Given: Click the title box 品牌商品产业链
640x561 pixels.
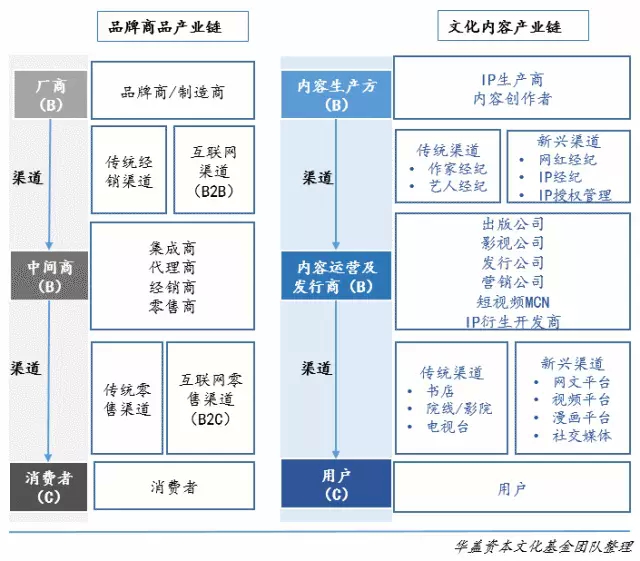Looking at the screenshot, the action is pos(173,27).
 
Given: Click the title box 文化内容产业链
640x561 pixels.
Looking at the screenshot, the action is pos(513,26).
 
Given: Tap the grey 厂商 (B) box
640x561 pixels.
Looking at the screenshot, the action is pos(51,95).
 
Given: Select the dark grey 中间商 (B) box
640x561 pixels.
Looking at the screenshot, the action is pos(49,276).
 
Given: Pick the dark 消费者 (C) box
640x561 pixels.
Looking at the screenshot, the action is pos(49,487).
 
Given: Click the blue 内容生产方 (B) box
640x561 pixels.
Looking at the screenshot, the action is pos(336,95).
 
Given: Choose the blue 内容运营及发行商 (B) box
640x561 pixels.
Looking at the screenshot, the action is pos(336,276).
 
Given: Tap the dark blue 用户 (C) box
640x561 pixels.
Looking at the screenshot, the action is pos(336,484).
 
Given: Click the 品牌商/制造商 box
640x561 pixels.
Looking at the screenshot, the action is pos(173,91).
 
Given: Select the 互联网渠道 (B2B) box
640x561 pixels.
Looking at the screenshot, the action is pos(214,170).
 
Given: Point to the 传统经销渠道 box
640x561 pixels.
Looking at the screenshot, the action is pos(129,170).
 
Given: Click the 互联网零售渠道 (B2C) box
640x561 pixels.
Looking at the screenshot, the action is pos(211,398).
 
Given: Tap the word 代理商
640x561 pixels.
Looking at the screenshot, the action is pos(172,267).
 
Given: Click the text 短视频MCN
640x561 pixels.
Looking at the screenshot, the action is pos(513,302).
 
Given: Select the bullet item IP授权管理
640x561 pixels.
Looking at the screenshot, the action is pos(575,195).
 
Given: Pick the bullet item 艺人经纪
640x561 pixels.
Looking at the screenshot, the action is pos(458,186).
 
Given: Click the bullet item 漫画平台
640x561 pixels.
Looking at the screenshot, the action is pos(581,417).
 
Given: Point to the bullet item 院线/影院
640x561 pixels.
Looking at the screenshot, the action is pos(459,408).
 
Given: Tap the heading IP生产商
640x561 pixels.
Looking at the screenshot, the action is pos(512,80).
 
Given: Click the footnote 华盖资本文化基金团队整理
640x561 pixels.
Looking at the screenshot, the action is pos(544,547).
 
